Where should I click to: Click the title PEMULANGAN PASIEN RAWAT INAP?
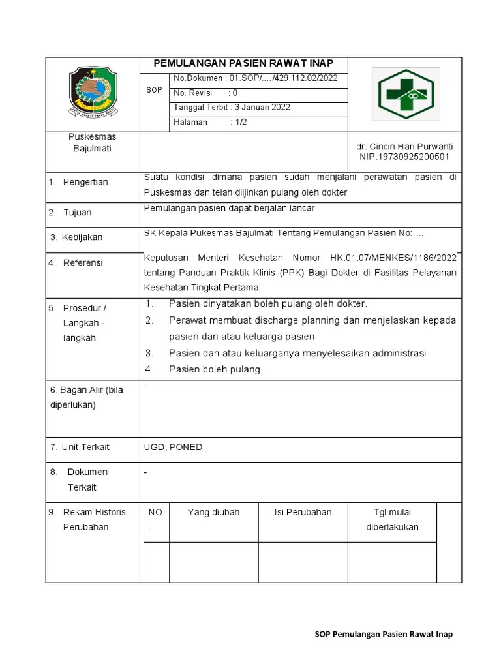[x=243, y=63]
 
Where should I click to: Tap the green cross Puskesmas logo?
[x=406, y=94]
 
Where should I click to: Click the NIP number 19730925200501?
[x=404, y=157]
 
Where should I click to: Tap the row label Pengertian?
[x=85, y=182]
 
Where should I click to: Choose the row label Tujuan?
[x=78, y=213]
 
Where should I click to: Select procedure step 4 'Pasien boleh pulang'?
[x=215, y=369]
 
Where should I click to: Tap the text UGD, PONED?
[x=173, y=447]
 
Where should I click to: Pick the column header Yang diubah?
[x=213, y=512]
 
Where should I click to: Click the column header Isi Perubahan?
[x=303, y=512]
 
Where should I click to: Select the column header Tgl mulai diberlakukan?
[x=392, y=519]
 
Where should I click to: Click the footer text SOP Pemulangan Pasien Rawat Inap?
[x=384, y=634]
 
